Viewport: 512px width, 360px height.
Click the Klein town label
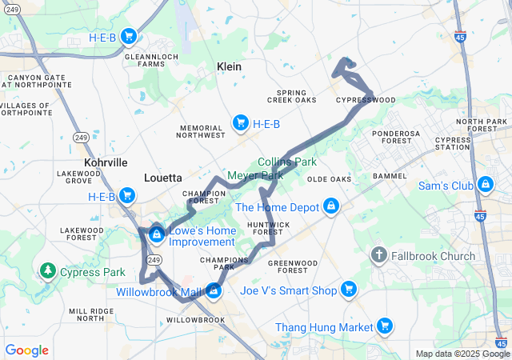pyautogui.click(x=229, y=67)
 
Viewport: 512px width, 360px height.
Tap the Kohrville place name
pyautogui.click(x=106, y=162)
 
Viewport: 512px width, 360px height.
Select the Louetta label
pyautogui.click(x=163, y=178)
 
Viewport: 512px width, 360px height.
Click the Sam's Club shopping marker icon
pyautogui.click(x=485, y=186)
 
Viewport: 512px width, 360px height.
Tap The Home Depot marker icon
pyautogui.click(x=330, y=207)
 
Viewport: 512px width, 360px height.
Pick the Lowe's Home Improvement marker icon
pyautogui.click(x=157, y=234)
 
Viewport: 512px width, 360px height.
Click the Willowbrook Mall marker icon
pyautogui.click(x=214, y=290)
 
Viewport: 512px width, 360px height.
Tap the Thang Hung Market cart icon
pyautogui.click(x=385, y=326)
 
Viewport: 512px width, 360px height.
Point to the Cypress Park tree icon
pyautogui.click(x=48, y=272)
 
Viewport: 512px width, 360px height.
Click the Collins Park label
pyautogui.click(x=287, y=162)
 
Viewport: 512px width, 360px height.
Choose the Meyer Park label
pyautogui.click(x=255, y=175)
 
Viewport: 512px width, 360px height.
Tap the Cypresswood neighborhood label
pyautogui.click(x=366, y=100)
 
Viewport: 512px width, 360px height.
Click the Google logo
pyautogui.click(x=26, y=350)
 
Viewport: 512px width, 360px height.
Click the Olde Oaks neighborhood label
pyautogui.click(x=330, y=179)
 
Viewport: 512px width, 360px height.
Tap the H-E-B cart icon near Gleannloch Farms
pyautogui.click(x=127, y=35)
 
